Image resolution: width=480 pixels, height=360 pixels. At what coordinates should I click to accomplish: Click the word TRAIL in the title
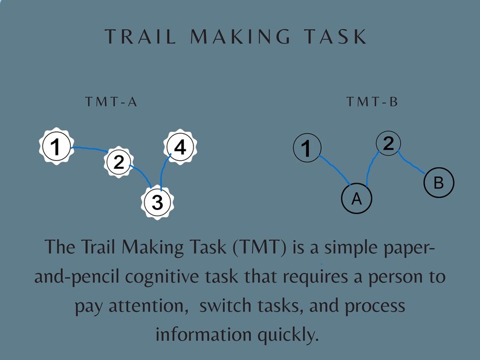pos(141,36)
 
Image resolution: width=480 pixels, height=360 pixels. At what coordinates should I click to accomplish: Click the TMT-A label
pos(112,102)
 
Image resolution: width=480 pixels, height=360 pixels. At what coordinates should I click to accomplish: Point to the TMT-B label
pos(372,102)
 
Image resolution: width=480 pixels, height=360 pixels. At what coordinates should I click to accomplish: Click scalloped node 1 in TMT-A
pos(56,147)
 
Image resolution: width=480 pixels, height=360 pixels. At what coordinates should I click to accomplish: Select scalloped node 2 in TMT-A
pos(118,161)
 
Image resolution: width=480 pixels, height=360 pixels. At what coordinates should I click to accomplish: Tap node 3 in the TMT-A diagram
pos(157,203)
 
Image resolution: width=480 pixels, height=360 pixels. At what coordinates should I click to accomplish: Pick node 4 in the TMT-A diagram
pos(180,147)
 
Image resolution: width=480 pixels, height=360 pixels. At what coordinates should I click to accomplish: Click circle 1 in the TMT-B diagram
pos(307,148)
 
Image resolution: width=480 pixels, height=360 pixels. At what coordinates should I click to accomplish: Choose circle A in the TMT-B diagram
pos(356,198)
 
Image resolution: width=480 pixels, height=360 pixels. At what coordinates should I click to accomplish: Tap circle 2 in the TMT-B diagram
pos(389,143)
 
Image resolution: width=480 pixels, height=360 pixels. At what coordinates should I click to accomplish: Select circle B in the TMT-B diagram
pos(439,182)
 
